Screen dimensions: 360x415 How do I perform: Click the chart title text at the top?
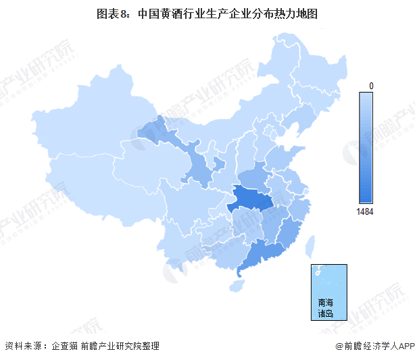[x=207, y=12]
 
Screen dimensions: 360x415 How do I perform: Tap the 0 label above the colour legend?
[x=371, y=86]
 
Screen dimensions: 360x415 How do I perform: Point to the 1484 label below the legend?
[x=365, y=211]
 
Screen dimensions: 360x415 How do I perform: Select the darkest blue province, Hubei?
[x=251, y=200]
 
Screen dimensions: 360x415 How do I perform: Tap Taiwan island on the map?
[x=312, y=249]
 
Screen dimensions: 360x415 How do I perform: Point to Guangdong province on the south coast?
[x=260, y=253]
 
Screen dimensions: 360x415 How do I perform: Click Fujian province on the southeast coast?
[x=289, y=230]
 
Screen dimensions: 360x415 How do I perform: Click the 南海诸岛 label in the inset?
[x=325, y=308]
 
